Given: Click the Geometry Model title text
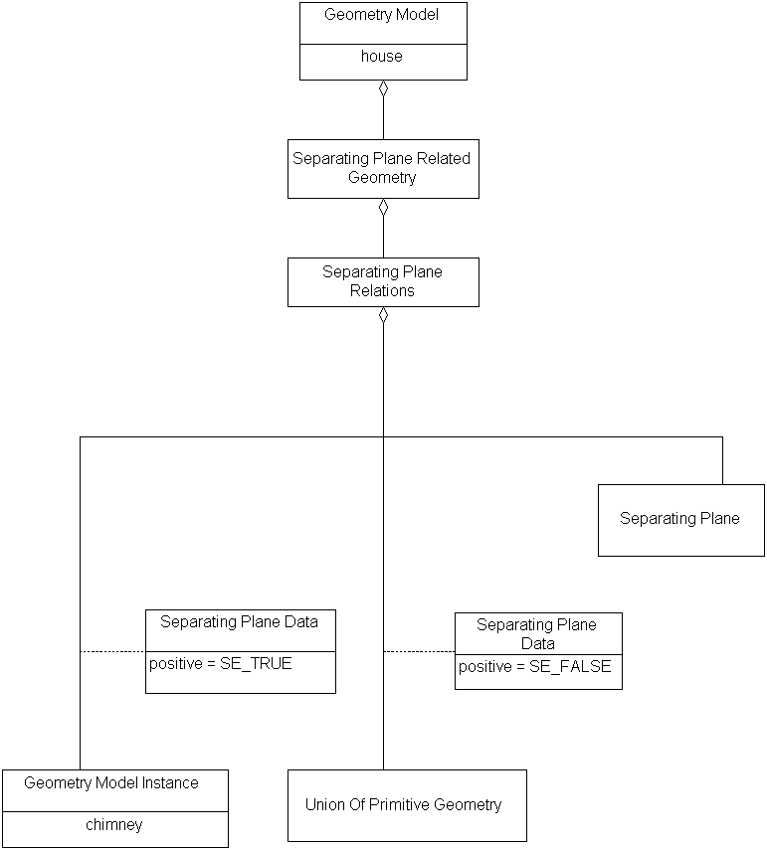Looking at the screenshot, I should pyautogui.click(x=382, y=15).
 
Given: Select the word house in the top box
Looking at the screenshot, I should pyautogui.click(x=382, y=57).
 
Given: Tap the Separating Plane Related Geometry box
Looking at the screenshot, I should pyautogui.click(x=383, y=168).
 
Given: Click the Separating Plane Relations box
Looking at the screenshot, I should pyautogui.click(x=383, y=281).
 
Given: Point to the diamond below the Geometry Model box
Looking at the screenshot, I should pyautogui.click(x=383, y=88).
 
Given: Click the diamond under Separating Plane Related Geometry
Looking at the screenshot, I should pyautogui.click(x=383, y=207).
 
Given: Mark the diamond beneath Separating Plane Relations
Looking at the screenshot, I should pyautogui.click(x=383, y=315).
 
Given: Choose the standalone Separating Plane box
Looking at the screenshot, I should pyautogui.click(x=680, y=519).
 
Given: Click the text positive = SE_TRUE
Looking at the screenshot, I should pyautogui.click(x=221, y=663).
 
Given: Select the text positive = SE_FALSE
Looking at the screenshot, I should pyautogui.click(x=535, y=666).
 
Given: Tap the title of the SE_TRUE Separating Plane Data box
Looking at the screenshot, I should pyautogui.click(x=240, y=622).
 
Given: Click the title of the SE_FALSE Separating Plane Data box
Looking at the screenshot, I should pyautogui.click(x=537, y=633).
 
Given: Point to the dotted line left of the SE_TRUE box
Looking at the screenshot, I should pyautogui.click(x=112, y=651).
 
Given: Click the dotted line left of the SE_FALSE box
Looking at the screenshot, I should pyautogui.click(x=419, y=651).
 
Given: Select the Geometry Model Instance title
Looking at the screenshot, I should pyautogui.click(x=111, y=783).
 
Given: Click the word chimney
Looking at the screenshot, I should pyautogui.click(x=114, y=825).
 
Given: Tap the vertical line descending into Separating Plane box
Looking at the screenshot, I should pyautogui.click(x=722, y=460).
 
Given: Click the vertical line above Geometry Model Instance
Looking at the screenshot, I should pyautogui.click(x=80, y=596).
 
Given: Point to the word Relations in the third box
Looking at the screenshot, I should pyautogui.click(x=383, y=291).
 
